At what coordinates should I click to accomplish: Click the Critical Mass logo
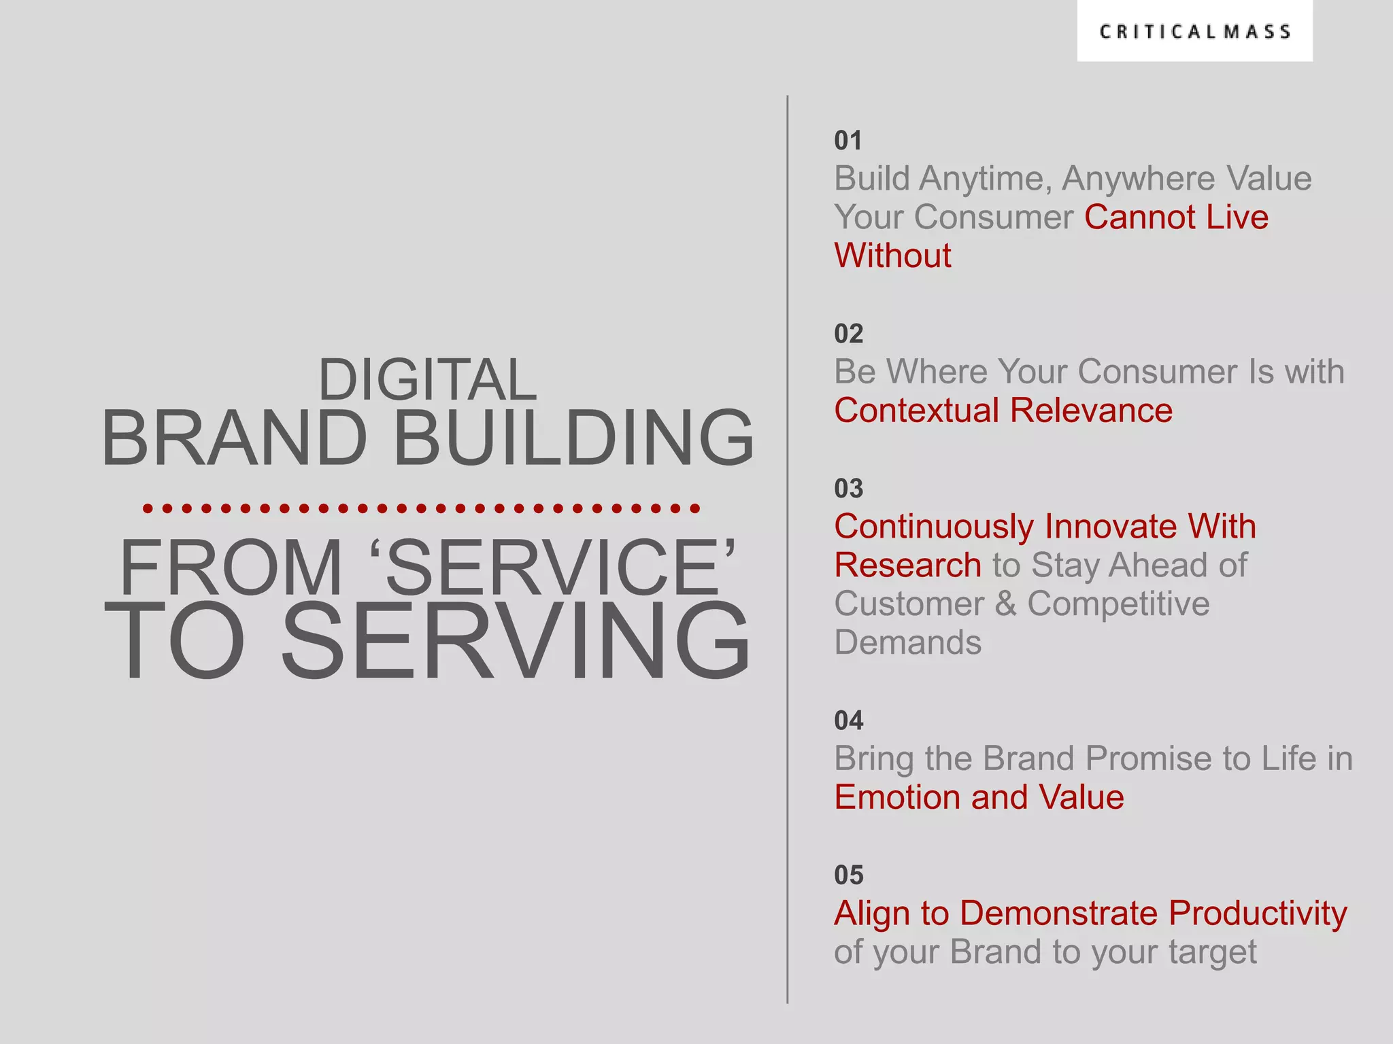pos(1194,32)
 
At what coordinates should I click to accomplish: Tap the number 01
pos(847,141)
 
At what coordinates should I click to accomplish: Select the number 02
pos(848,334)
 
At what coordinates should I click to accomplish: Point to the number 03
pos(848,489)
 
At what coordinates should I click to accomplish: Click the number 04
pos(848,720)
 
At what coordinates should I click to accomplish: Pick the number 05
pos(848,875)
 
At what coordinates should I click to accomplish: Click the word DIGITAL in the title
pos(427,379)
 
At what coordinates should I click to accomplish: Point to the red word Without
pos(892,256)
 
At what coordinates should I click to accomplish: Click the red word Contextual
pos(916,411)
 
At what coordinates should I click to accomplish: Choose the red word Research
pos(907,565)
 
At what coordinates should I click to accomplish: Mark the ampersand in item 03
pos(1005,604)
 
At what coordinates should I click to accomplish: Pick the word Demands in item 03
pos(907,642)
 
